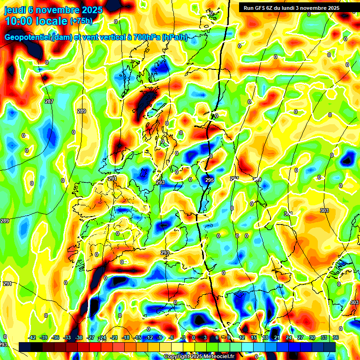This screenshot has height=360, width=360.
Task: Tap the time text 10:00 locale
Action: [x=36, y=21]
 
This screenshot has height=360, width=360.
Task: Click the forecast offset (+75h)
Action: [x=81, y=21]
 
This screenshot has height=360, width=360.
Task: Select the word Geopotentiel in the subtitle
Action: [x=27, y=37]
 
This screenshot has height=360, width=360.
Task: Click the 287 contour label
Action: [x=49, y=102]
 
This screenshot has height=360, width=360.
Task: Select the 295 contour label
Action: [x=210, y=180]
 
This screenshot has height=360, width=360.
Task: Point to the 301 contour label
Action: [x=288, y=214]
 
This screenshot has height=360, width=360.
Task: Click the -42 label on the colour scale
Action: [x=32, y=337]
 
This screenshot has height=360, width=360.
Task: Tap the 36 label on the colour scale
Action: [x=336, y=337]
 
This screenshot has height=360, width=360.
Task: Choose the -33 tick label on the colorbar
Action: [x=67, y=337]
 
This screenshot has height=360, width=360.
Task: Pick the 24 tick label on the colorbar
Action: [x=288, y=337]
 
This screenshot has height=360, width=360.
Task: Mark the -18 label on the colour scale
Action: [x=126, y=337]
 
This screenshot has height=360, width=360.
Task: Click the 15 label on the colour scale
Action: [x=253, y=337]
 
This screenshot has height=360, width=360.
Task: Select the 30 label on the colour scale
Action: [x=312, y=337]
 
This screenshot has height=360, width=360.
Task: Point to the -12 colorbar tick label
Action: [x=149, y=337]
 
